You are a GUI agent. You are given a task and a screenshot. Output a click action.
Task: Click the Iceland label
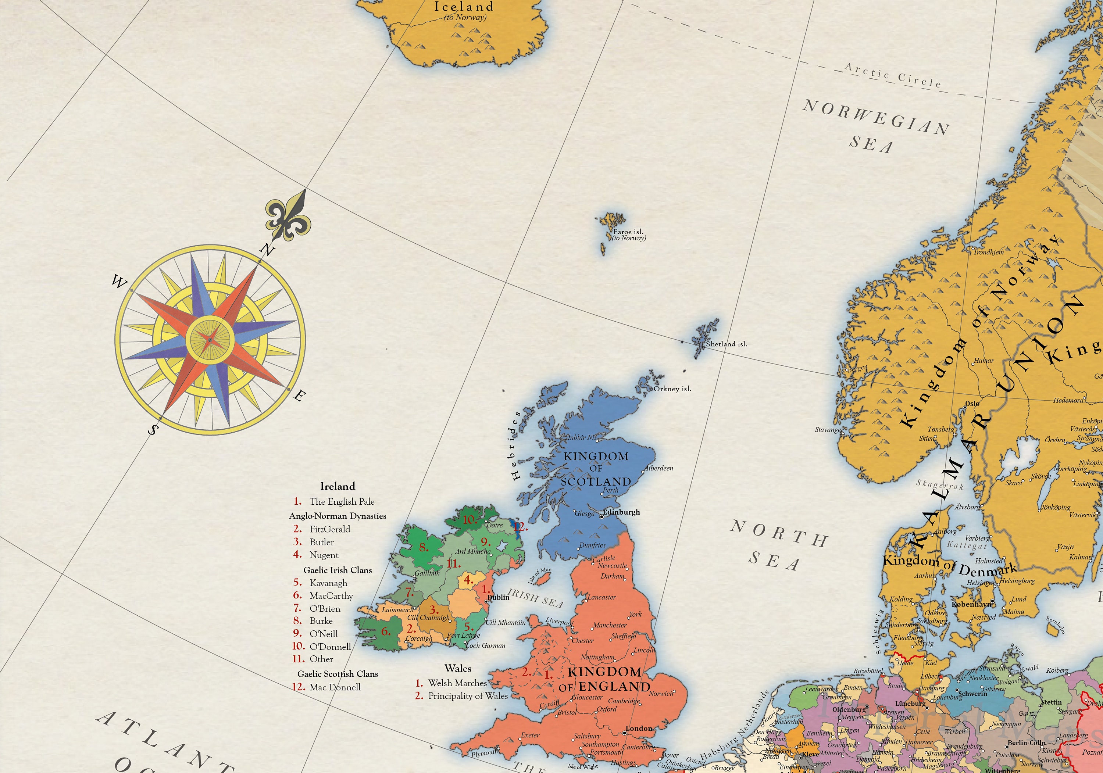tap(464, 7)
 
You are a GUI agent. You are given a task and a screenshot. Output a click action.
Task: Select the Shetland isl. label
tap(727, 344)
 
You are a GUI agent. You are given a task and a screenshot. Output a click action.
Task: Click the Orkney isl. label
tap(672, 389)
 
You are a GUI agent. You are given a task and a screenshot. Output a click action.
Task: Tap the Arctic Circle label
tap(893, 75)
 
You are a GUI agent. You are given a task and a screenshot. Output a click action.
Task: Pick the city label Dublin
tap(498, 597)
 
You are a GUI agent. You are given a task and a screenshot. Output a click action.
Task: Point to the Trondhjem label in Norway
tap(988, 252)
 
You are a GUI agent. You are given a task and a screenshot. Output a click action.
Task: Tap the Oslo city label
tap(972, 404)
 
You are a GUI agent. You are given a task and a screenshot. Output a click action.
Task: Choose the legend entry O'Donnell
tap(330, 647)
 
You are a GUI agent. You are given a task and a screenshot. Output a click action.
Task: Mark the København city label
tap(971, 604)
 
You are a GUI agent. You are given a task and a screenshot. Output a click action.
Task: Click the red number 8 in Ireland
tap(423, 547)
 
